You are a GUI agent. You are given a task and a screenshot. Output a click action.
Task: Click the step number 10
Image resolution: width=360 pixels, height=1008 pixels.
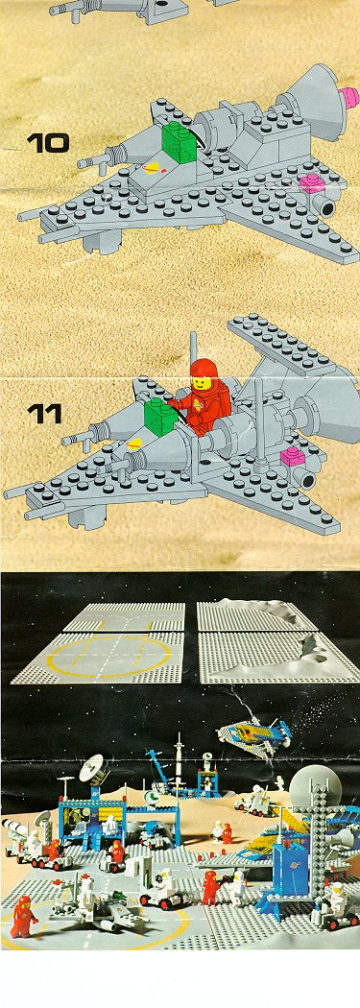pos(48,143)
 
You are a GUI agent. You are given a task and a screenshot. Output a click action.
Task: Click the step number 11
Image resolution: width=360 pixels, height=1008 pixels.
pos(44,413)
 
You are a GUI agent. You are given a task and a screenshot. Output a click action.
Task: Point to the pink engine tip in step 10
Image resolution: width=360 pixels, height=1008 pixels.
pos(349,98)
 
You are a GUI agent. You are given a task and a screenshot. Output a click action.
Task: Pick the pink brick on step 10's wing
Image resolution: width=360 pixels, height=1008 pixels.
pos(313,183)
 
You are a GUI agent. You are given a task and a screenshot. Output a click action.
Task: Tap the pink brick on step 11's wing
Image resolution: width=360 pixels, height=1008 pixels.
pos(293,456)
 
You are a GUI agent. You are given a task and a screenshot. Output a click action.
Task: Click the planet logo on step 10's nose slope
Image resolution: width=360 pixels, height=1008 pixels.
pos(153,169)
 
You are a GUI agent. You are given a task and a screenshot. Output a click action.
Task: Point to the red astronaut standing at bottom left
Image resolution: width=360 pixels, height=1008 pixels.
pos(22,916)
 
